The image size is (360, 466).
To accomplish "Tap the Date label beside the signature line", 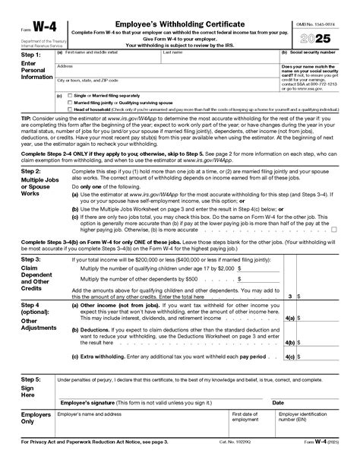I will point(278,402).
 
